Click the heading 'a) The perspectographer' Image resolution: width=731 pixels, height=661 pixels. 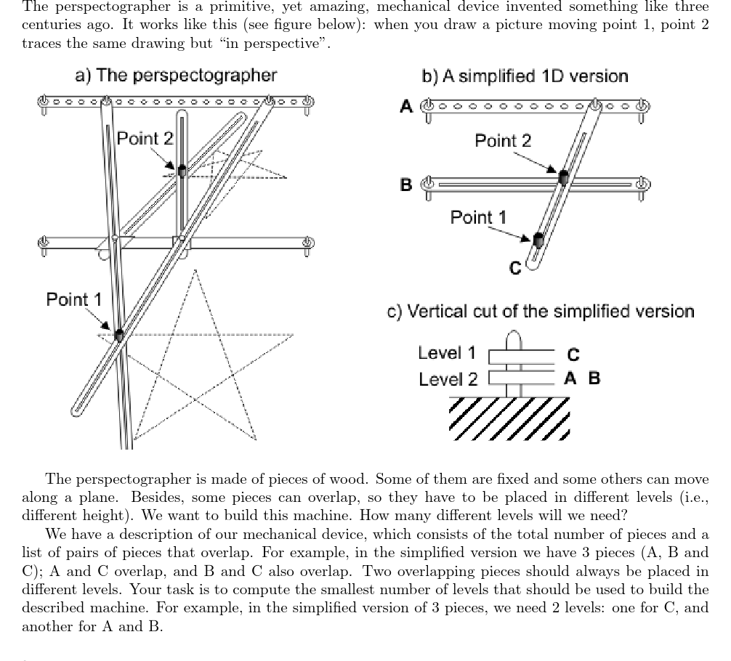(x=176, y=76)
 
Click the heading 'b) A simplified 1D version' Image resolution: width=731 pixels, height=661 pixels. (x=525, y=76)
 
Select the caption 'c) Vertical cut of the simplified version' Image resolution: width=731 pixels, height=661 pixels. (x=541, y=312)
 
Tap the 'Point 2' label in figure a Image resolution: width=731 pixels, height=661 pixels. (x=145, y=138)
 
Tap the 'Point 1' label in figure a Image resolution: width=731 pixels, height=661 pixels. (x=74, y=299)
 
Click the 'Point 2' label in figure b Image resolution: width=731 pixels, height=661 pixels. (x=503, y=140)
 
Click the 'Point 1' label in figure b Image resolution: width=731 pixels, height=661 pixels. (x=478, y=217)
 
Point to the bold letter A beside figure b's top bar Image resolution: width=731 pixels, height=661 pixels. (x=407, y=107)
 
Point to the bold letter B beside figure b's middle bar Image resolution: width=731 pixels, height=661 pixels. (x=407, y=184)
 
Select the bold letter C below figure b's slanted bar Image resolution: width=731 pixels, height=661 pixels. (x=515, y=269)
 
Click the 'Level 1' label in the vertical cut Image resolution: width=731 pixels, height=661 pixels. (x=447, y=353)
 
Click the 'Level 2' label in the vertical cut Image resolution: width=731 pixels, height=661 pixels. (x=448, y=379)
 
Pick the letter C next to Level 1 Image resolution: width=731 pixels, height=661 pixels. (x=573, y=354)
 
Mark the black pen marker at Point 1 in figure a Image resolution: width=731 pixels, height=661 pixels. (x=118, y=335)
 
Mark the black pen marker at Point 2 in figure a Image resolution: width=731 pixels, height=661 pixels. (x=182, y=170)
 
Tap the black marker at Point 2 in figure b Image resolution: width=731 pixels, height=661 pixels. (x=563, y=176)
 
